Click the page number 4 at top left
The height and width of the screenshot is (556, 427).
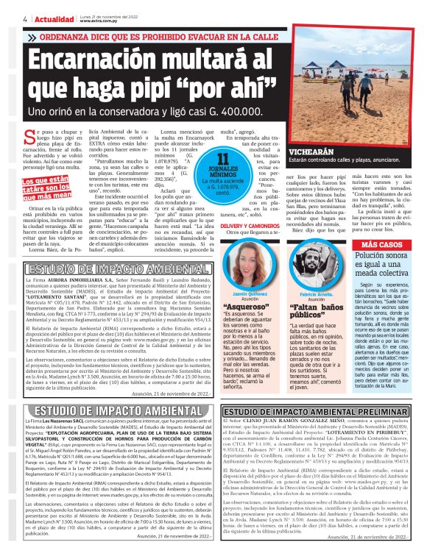click(5, 18)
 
